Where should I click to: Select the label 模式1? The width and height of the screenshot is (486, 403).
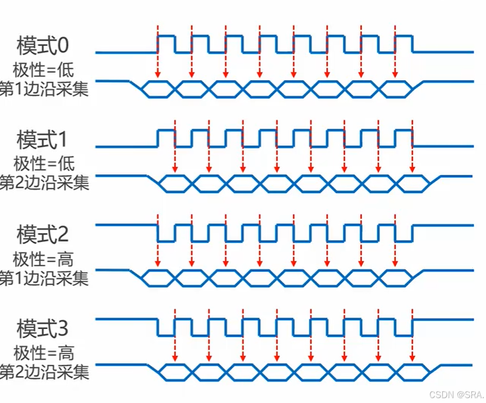(x=43, y=141)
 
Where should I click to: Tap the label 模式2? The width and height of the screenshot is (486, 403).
(x=43, y=235)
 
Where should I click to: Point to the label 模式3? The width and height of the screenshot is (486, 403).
(x=43, y=329)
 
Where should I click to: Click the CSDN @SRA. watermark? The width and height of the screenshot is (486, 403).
(x=454, y=395)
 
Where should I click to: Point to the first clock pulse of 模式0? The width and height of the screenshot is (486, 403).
(x=166, y=43)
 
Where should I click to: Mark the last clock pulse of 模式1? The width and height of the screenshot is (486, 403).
(x=403, y=137)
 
